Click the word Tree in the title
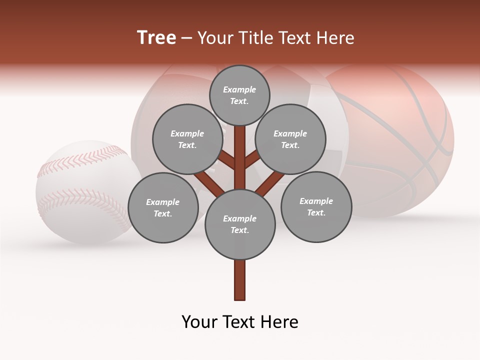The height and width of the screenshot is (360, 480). point(156,38)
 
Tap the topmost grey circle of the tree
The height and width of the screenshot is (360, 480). point(239,95)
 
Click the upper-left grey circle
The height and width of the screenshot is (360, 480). point(187,139)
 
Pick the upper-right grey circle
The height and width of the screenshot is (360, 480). point(290,139)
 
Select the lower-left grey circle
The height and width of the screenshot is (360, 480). point(163,207)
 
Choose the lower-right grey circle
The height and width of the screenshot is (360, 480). point(316,206)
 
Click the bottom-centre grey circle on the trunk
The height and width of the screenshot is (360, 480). point(240,224)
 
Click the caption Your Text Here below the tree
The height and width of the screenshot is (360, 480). point(240,322)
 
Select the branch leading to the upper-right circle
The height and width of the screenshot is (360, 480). point(252,159)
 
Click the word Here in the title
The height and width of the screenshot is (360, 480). point(335,38)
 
